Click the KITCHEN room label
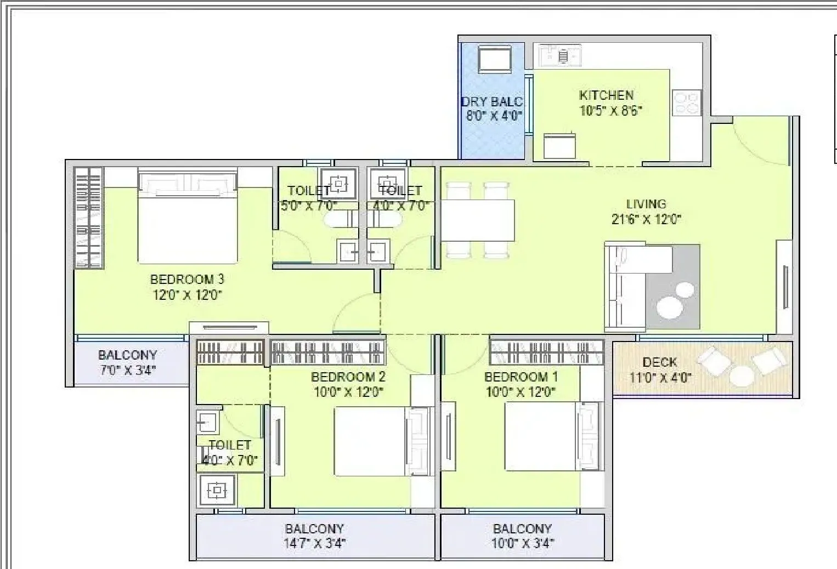606,95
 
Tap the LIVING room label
646,204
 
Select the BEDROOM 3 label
187,280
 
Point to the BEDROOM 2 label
348,377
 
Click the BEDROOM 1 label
521,377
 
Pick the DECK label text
659,362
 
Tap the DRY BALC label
492,101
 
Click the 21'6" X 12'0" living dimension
646,219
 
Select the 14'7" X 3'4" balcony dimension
314,543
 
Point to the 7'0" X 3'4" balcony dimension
127,370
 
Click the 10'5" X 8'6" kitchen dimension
610,110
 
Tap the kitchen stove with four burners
687,103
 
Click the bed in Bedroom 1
540,436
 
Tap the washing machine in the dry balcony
494,59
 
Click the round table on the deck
740,377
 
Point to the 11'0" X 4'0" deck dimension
659,377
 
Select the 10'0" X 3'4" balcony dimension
522,543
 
